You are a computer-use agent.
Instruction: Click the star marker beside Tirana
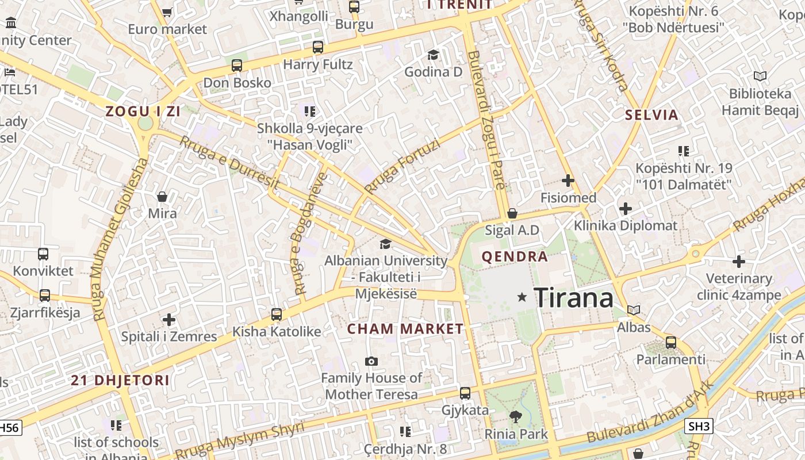click(x=522, y=297)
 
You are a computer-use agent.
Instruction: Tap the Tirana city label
click(x=573, y=298)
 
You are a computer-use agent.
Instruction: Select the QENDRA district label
click(x=515, y=256)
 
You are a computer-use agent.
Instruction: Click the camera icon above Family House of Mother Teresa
click(x=371, y=361)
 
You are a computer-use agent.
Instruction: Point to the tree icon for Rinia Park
click(x=516, y=416)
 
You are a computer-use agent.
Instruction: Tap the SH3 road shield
click(x=699, y=426)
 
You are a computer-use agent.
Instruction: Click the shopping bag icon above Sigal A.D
click(x=512, y=213)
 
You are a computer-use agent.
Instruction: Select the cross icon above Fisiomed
click(x=568, y=181)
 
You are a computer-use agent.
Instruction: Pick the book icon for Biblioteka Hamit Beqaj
click(x=760, y=76)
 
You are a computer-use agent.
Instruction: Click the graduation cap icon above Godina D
click(x=433, y=55)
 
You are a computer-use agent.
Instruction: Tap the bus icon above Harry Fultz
click(x=318, y=47)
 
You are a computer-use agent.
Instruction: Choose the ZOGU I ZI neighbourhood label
click(x=143, y=112)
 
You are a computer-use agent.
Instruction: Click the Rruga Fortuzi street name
click(x=402, y=167)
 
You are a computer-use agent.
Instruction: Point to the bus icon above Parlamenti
click(x=670, y=343)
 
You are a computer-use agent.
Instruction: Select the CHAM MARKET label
click(x=405, y=329)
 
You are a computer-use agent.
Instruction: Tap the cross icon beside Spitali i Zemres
click(x=169, y=319)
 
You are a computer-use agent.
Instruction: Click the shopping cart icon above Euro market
click(x=167, y=12)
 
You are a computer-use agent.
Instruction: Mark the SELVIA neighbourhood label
click(x=651, y=114)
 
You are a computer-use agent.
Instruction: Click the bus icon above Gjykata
click(x=465, y=393)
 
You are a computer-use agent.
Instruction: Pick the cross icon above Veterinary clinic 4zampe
click(x=739, y=262)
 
